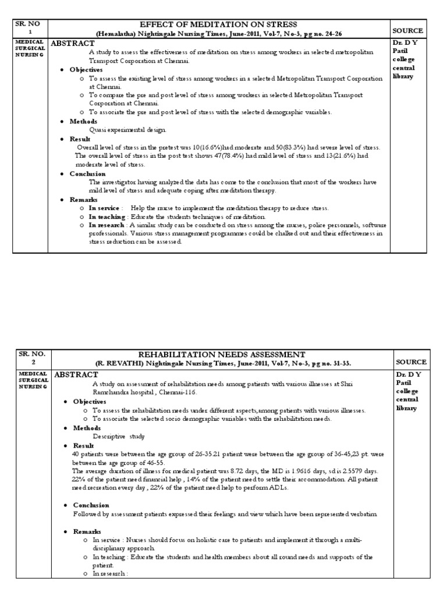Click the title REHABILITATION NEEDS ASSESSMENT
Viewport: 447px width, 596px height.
[x=218, y=354]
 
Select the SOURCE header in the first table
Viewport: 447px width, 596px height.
[x=407, y=30]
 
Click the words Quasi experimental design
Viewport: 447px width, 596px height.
[x=127, y=130]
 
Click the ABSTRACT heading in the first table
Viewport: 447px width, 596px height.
[x=73, y=43]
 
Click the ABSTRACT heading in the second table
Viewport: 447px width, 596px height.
[x=74, y=375]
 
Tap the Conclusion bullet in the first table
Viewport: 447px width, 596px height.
[x=87, y=173]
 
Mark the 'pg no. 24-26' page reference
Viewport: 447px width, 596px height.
[x=332, y=34]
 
